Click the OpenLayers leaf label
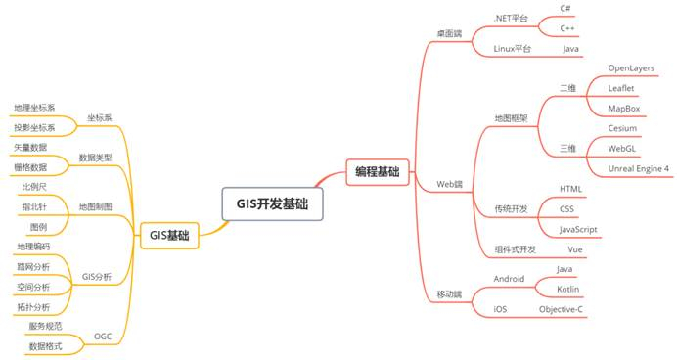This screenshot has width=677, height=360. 632,68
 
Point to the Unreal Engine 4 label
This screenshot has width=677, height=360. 639,168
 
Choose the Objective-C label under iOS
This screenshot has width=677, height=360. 561,309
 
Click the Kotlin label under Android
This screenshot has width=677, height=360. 568,290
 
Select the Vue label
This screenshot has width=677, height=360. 576,249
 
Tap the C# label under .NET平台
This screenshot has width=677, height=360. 565,9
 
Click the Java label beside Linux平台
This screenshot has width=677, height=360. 570,48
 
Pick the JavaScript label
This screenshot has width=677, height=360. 579,229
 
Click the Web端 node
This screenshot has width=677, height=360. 449,183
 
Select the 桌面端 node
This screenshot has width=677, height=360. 448,34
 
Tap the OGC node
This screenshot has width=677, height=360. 102,336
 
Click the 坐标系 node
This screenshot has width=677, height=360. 100,117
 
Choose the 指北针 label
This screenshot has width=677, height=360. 33,206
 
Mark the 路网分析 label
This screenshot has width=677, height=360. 33,266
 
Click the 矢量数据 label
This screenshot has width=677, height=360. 30,148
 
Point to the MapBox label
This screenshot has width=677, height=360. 623,109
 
